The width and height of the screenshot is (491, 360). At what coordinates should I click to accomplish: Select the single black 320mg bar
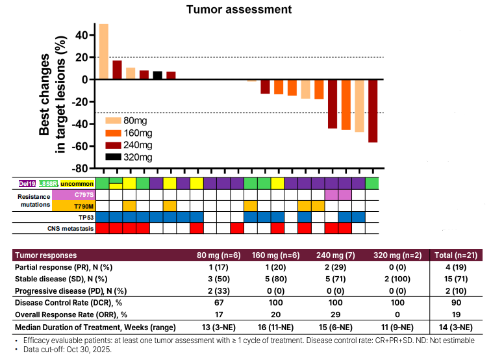pos(157,75)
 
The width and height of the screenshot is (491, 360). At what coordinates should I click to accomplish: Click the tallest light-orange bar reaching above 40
pos(103,51)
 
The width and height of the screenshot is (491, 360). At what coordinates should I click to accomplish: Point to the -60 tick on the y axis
pos(81,146)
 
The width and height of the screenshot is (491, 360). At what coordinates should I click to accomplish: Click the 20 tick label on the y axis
pos(82,57)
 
